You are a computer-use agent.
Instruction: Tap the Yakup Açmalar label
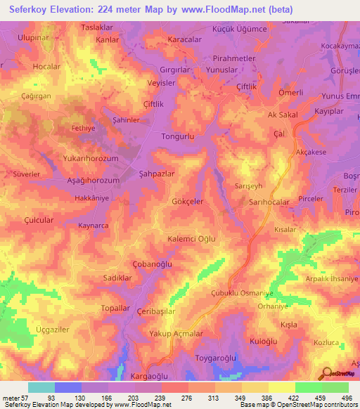180,334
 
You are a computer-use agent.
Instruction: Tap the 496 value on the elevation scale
347,398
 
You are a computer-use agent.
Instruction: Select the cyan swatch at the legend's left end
41,387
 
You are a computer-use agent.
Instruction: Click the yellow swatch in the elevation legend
281,387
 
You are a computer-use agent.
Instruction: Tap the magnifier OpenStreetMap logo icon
325,374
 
